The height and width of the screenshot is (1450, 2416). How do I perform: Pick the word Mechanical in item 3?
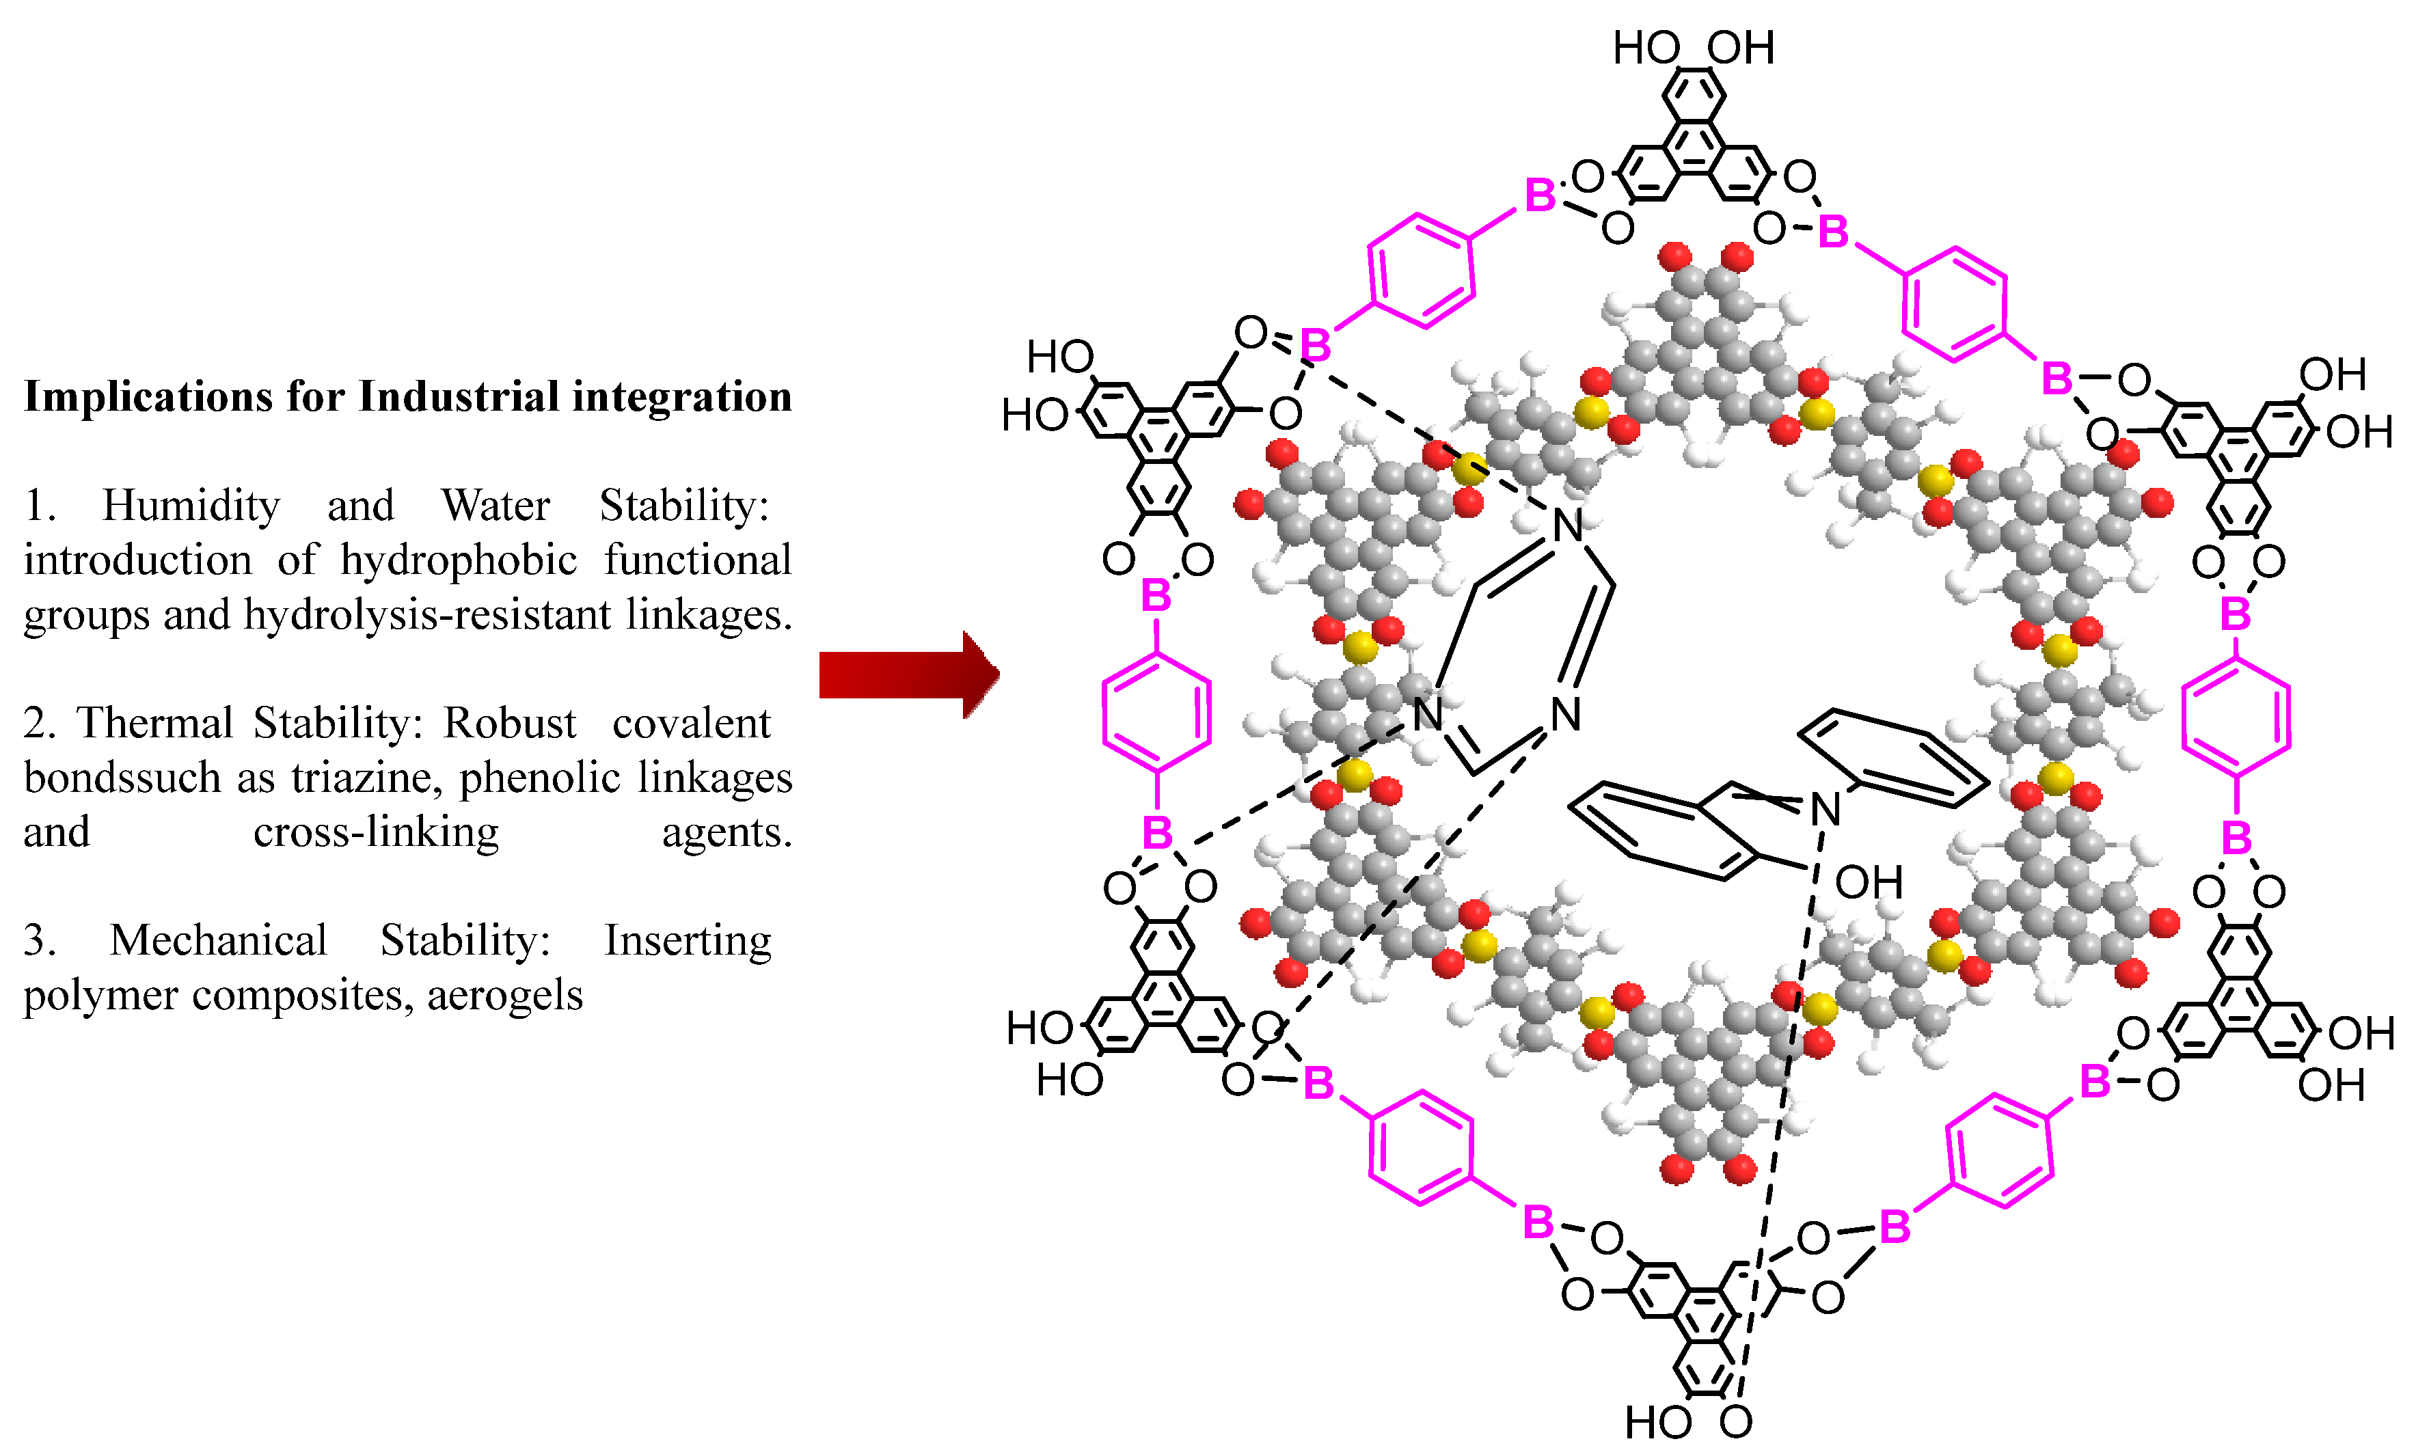(218, 941)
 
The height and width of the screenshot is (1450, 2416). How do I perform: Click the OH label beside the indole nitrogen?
(1868, 882)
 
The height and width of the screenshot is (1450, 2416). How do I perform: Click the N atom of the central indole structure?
(1825, 809)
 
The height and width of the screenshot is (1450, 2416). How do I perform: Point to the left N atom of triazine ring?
(1427, 714)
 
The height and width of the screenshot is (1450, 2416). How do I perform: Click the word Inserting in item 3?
(688, 941)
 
